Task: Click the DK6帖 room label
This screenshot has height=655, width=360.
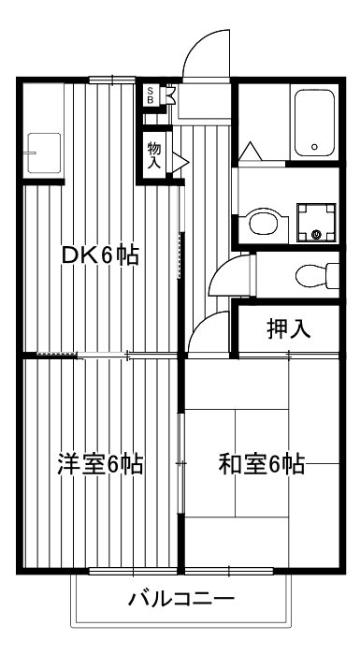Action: click(99, 255)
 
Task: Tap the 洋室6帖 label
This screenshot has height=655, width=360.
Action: click(100, 463)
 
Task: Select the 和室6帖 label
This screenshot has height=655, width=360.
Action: click(263, 463)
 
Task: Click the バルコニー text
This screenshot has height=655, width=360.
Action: click(180, 599)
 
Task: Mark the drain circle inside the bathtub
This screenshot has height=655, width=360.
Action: click(315, 147)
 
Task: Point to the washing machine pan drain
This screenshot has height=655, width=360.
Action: click(316, 233)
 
